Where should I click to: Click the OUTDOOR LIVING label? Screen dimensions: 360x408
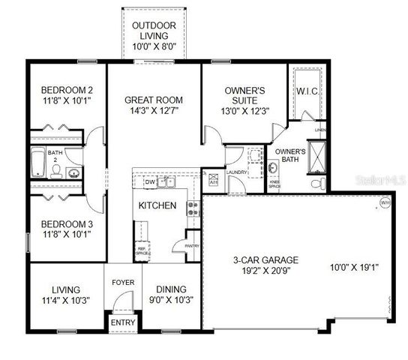(154, 26)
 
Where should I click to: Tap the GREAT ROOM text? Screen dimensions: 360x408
(153, 100)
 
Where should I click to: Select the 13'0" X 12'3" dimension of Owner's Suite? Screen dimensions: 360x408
(244, 111)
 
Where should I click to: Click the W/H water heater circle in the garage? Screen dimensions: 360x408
(385, 202)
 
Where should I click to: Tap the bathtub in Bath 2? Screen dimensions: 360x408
(37, 163)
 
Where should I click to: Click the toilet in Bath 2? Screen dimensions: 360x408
(57, 171)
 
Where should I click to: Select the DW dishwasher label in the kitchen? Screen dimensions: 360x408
(149, 182)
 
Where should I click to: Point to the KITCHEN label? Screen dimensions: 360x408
(157, 205)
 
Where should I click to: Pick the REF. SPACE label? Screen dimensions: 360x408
(141, 251)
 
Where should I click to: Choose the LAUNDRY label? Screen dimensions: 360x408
(236, 172)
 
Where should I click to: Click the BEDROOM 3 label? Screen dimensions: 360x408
(66, 223)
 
